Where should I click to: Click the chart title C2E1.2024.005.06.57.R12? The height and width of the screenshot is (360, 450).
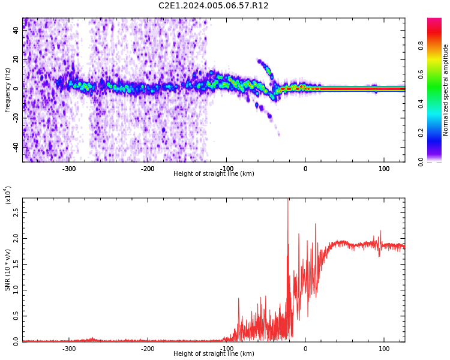point(213,6)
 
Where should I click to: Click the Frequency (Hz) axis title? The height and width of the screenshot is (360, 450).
point(8,90)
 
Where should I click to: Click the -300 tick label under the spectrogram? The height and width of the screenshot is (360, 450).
point(69,169)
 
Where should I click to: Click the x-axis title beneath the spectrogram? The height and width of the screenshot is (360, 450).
point(213,174)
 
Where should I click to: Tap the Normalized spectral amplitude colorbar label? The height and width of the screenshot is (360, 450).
point(446,90)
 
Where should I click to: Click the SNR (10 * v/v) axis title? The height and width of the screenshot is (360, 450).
point(8,270)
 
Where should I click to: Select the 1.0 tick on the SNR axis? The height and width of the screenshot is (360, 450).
point(16,290)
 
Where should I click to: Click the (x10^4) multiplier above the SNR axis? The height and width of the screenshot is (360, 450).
point(7,195)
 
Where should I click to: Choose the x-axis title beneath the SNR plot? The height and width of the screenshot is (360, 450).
point(213,354)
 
